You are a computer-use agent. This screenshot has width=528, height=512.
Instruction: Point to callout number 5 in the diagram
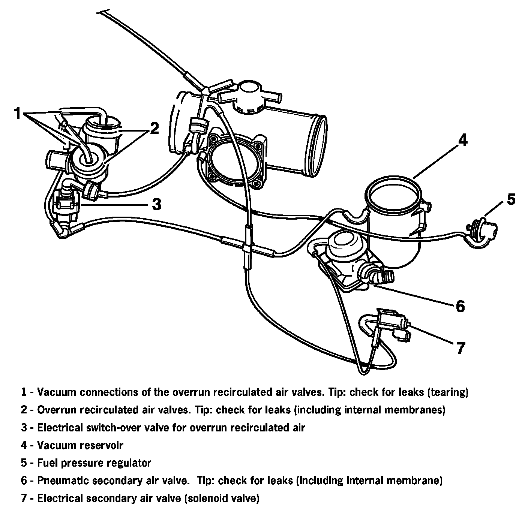pos(511,199)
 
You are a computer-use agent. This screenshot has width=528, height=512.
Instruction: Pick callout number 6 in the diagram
pos(460,306)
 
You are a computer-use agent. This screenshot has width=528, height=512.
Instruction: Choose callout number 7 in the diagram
pos(460,348)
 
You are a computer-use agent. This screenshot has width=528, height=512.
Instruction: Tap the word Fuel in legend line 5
pos(46,463)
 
